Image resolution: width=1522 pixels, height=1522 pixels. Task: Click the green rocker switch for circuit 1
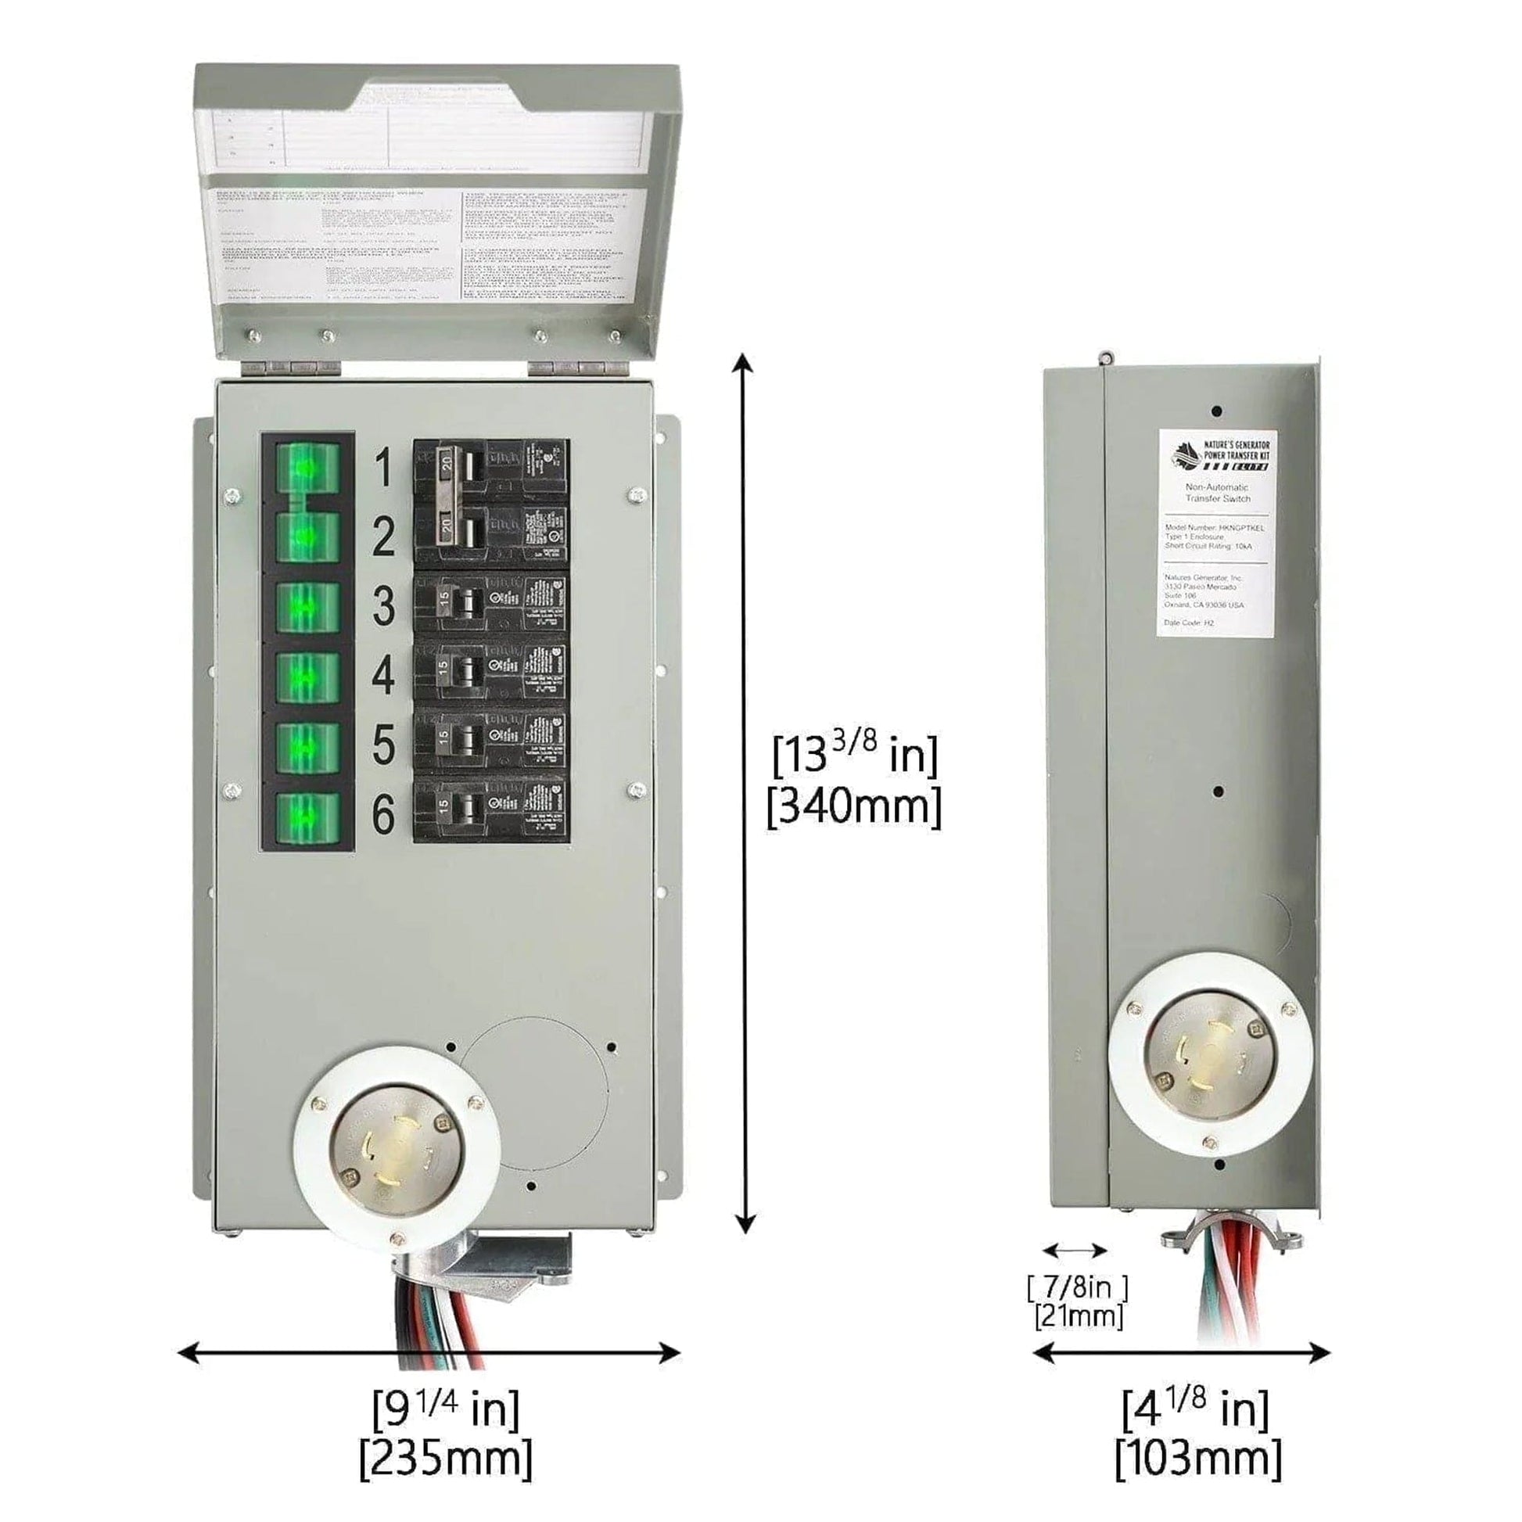pyautogui.click(x=307, y=469)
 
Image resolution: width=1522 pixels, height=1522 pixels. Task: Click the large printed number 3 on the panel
pyautogui.click(x=384, y=607)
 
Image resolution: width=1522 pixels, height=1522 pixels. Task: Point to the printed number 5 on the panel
pyautogui.click(x=384, y=745)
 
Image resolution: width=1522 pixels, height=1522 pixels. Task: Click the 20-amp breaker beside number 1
pyautogui.click(x=491, y=469)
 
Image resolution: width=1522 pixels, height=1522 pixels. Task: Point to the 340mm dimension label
pyautogui.click(x=855, y=807)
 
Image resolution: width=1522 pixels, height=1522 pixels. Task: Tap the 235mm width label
pyautogui.click(x=446, y=1458)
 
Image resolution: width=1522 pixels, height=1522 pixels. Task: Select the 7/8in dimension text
pyautogui.click(x=1078, y=1287)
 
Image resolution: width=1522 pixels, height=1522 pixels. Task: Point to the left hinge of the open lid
pyautogui.click(x=291, y=368)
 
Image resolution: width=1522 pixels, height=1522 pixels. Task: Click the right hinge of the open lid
pyautogui.click(x=578, y=368)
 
